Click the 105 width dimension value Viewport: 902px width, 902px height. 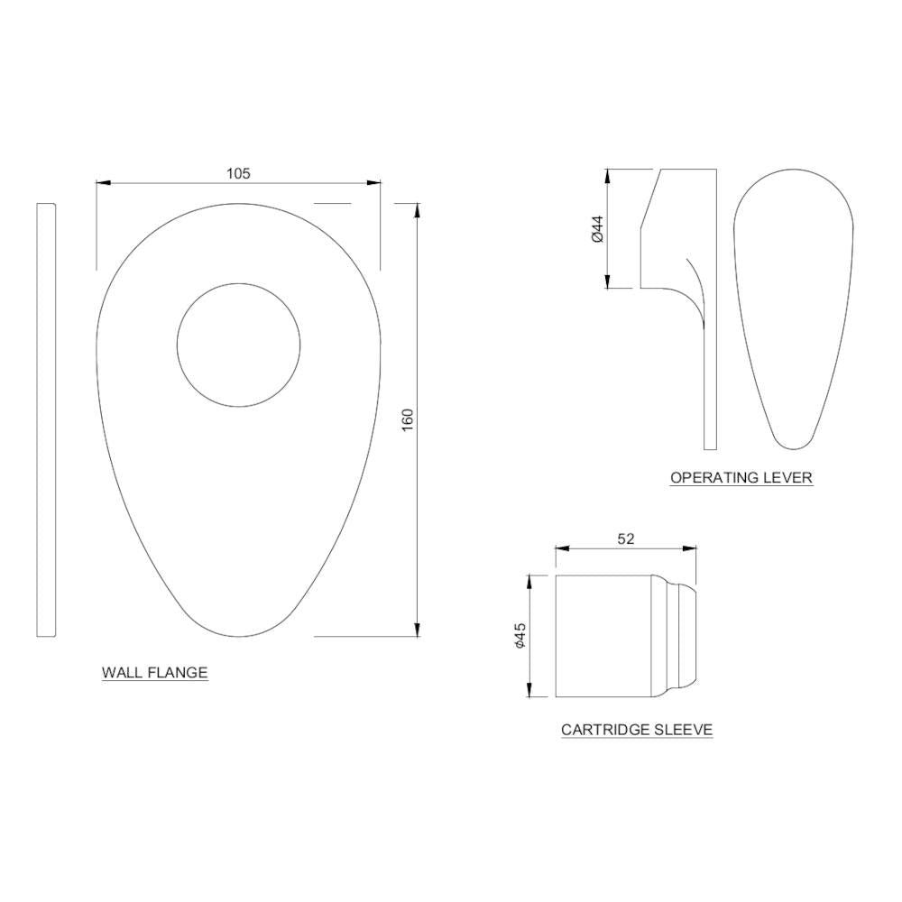238,172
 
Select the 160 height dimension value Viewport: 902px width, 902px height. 407,420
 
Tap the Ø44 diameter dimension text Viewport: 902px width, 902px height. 596,228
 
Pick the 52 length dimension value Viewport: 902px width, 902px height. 626,538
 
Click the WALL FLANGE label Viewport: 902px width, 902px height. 154,673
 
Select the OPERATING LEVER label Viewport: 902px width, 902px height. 741,477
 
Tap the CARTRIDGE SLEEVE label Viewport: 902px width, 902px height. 637,730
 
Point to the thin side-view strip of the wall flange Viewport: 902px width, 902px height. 46,419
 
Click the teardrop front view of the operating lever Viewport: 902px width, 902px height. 792,307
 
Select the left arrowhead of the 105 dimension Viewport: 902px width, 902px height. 103,183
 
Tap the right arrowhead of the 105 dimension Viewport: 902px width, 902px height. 374,183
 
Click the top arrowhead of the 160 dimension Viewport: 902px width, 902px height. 417,210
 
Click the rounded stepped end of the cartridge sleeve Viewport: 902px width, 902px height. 683,636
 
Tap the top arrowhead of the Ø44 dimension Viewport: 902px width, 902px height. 608,175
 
